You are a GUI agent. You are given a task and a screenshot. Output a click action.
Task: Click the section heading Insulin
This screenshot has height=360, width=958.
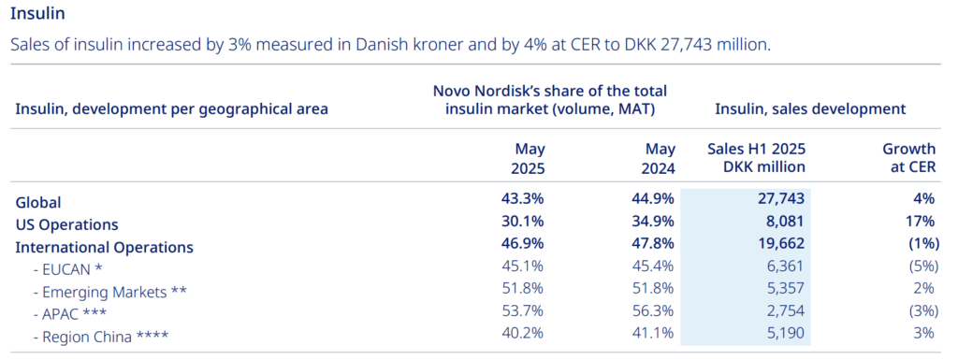click(x=37, y=14)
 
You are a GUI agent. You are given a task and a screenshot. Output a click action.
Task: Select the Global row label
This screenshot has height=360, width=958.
click(x=38, y=202)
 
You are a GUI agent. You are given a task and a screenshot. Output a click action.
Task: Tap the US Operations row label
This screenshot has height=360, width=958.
click(x=67, y=224)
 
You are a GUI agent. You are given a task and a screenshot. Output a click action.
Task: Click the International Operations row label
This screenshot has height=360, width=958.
click(x=105, y=248)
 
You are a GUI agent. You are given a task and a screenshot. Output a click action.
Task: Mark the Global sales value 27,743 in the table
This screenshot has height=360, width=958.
click(x=779, y=202)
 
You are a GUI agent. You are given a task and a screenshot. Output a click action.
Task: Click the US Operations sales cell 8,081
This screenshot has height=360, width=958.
click(x=785, y=224)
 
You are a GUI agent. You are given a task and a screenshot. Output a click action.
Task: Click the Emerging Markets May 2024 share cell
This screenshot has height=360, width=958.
click(x=652, y=291)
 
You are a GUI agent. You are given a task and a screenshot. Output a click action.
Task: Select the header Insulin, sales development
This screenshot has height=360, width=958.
click(x=809, y=109)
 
